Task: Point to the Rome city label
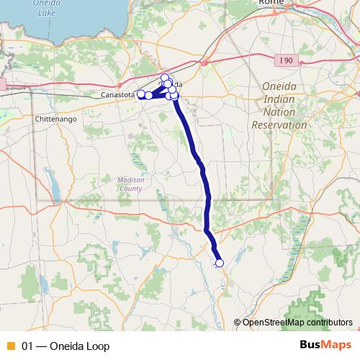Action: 272,3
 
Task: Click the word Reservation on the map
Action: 279,125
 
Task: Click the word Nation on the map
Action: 279,112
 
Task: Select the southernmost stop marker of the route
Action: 220,264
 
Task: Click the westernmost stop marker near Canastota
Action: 141,94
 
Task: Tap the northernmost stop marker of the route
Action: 165,78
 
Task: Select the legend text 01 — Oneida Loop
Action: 66,346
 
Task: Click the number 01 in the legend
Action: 28,346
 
